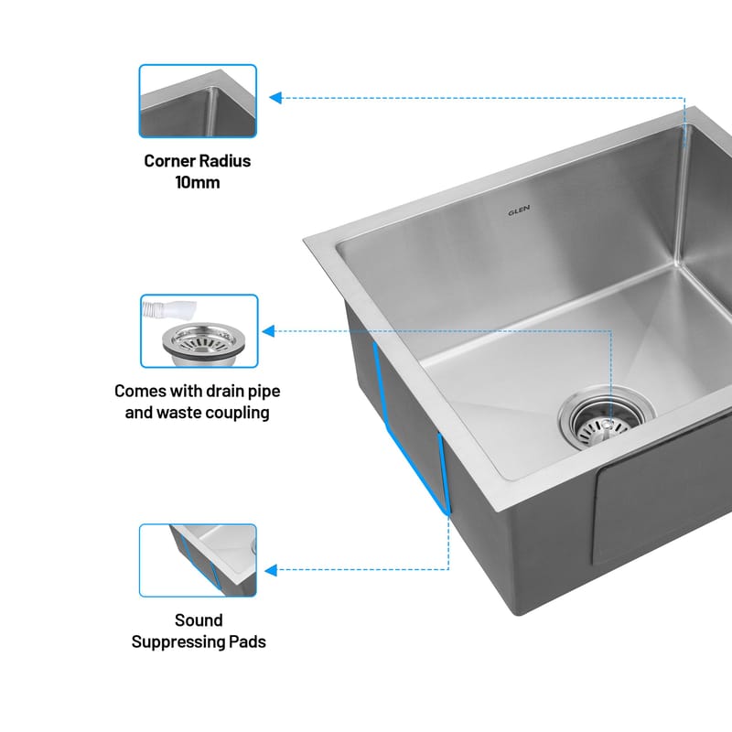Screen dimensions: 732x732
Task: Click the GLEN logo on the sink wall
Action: coord(519,210)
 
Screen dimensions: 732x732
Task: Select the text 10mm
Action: coord(198,182)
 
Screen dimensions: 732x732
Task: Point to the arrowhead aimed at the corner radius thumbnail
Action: coord(275,98)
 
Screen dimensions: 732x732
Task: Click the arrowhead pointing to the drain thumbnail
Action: coord(268,331)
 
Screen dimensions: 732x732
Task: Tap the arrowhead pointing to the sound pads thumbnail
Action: coord(271,570)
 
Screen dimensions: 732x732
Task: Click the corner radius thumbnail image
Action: coord(198,101)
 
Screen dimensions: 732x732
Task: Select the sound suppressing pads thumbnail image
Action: coord(198,560)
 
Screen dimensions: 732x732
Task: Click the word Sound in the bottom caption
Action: coord(199,620)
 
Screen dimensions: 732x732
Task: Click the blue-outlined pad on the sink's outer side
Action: coord(411,427)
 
